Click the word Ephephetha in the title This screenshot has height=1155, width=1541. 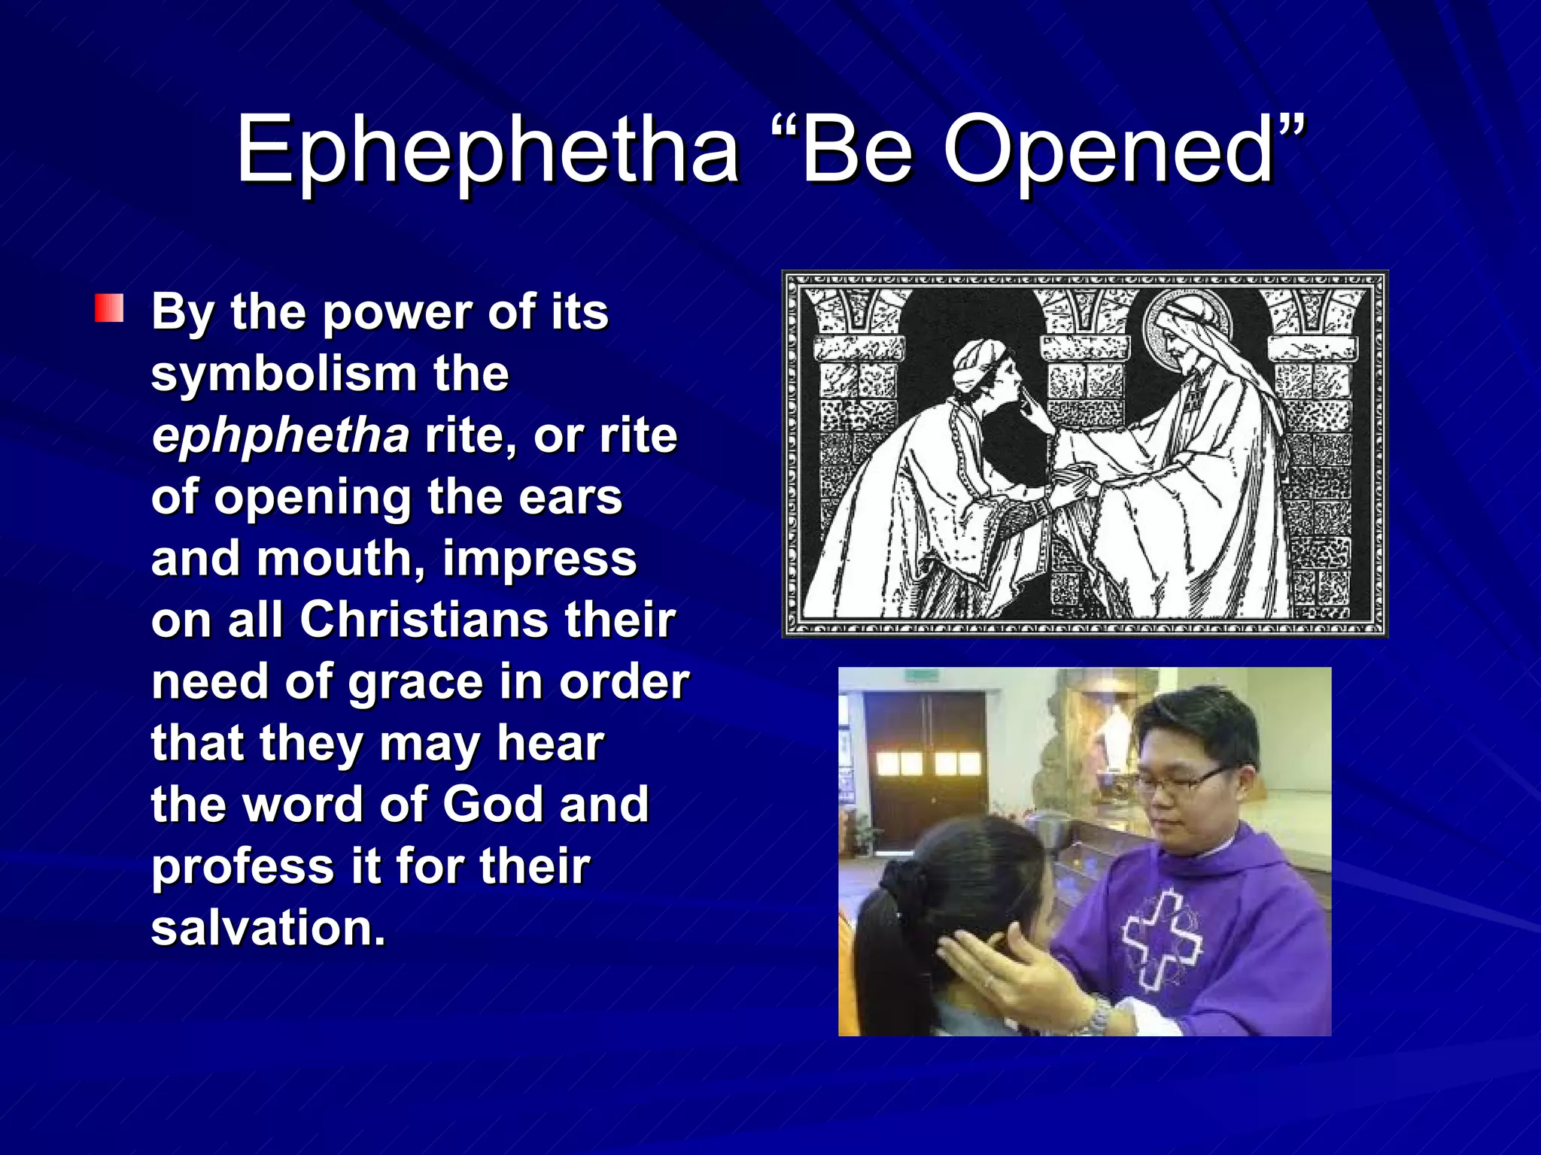pyautogui.click(x=488, y=150)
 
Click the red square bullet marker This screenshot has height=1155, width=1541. pyautogui.click(x=109, y=309)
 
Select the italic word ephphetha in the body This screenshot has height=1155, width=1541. pyautogui.click(x=280, y=436)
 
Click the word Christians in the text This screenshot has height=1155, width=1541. pyautogui.click(x=424, y=620)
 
